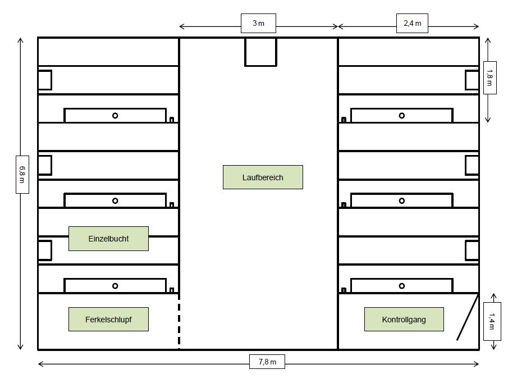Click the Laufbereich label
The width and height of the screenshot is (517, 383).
pyautogui.click(x=263, y=177)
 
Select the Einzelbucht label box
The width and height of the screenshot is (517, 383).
pyautogui.click(x=108, y=239)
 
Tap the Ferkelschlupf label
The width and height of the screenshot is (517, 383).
pyautogui.click(x=108, y=320)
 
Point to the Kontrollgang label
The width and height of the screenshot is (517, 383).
pyautogui.click(x=404, y=320)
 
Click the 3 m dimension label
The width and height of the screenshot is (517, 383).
pyautogui.click(x=258, y=23)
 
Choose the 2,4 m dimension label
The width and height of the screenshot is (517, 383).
pyautogui.click(x=412, y=23)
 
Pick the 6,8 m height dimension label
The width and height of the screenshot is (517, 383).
pyautogui.click(x=22, y=175)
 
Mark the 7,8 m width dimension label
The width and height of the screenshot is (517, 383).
pyautogui.click(x=267, y=362)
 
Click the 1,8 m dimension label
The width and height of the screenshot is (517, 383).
pyautogui.click(x=490, y=77)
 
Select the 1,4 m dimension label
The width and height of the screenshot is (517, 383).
pyautogui.click(x=492, y=321)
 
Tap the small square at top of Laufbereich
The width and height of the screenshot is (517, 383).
pyautogui.click(x=260, y=52)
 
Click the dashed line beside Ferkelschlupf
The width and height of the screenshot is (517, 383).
pyautogui.click(x=179, y=321)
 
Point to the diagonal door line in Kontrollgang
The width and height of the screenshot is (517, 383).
pyautogui.click(x=468, y=317)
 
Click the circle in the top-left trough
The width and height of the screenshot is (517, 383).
pyautogui.click(x=115, y=116)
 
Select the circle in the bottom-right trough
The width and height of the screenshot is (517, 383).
pyautogui.click(x=401, y=286)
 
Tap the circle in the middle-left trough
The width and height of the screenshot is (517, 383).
pyautogui.click(x=115, y=200)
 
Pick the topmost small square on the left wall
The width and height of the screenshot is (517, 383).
pyautogui.click(x=45, y=80)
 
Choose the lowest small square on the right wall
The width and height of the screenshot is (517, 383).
pyautogui.click(x=472, y=250)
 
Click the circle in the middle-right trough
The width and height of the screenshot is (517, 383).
pyautogui.click(x=401, y=200)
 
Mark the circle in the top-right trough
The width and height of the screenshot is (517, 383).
pyautogui.click(x=401, y=116)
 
